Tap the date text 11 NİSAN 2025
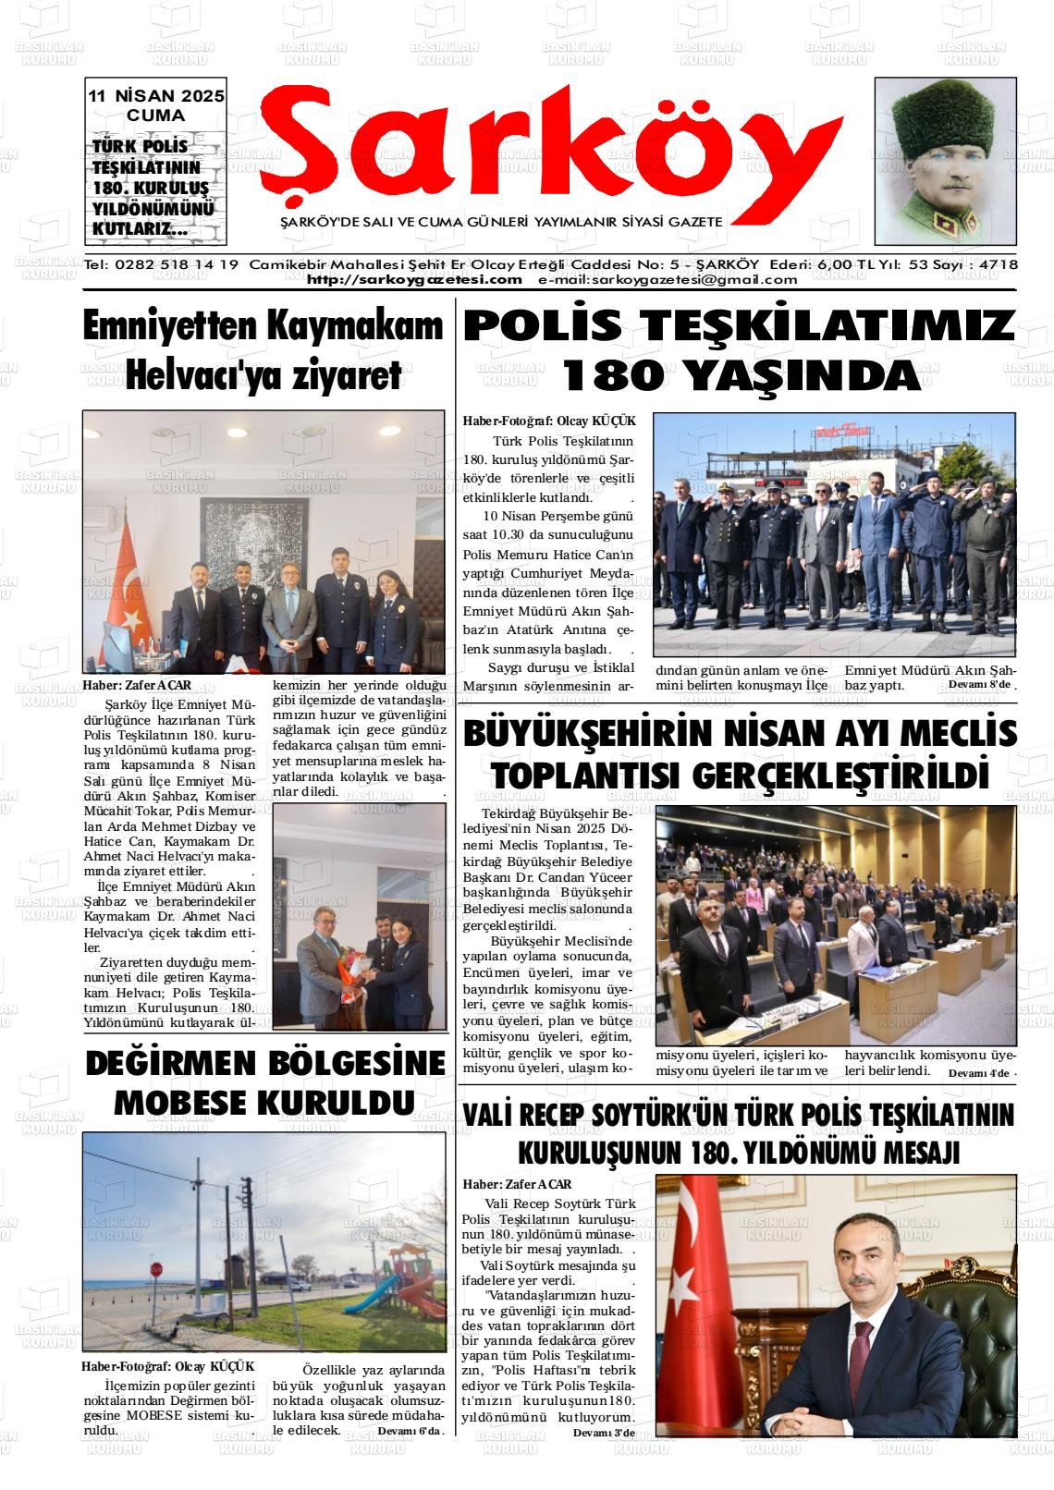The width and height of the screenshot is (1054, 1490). [x=156, y=96]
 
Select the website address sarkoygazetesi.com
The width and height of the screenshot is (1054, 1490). [x=414, y=280]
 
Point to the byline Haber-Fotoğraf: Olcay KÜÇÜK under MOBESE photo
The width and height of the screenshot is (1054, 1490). [x=167, y=1367]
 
